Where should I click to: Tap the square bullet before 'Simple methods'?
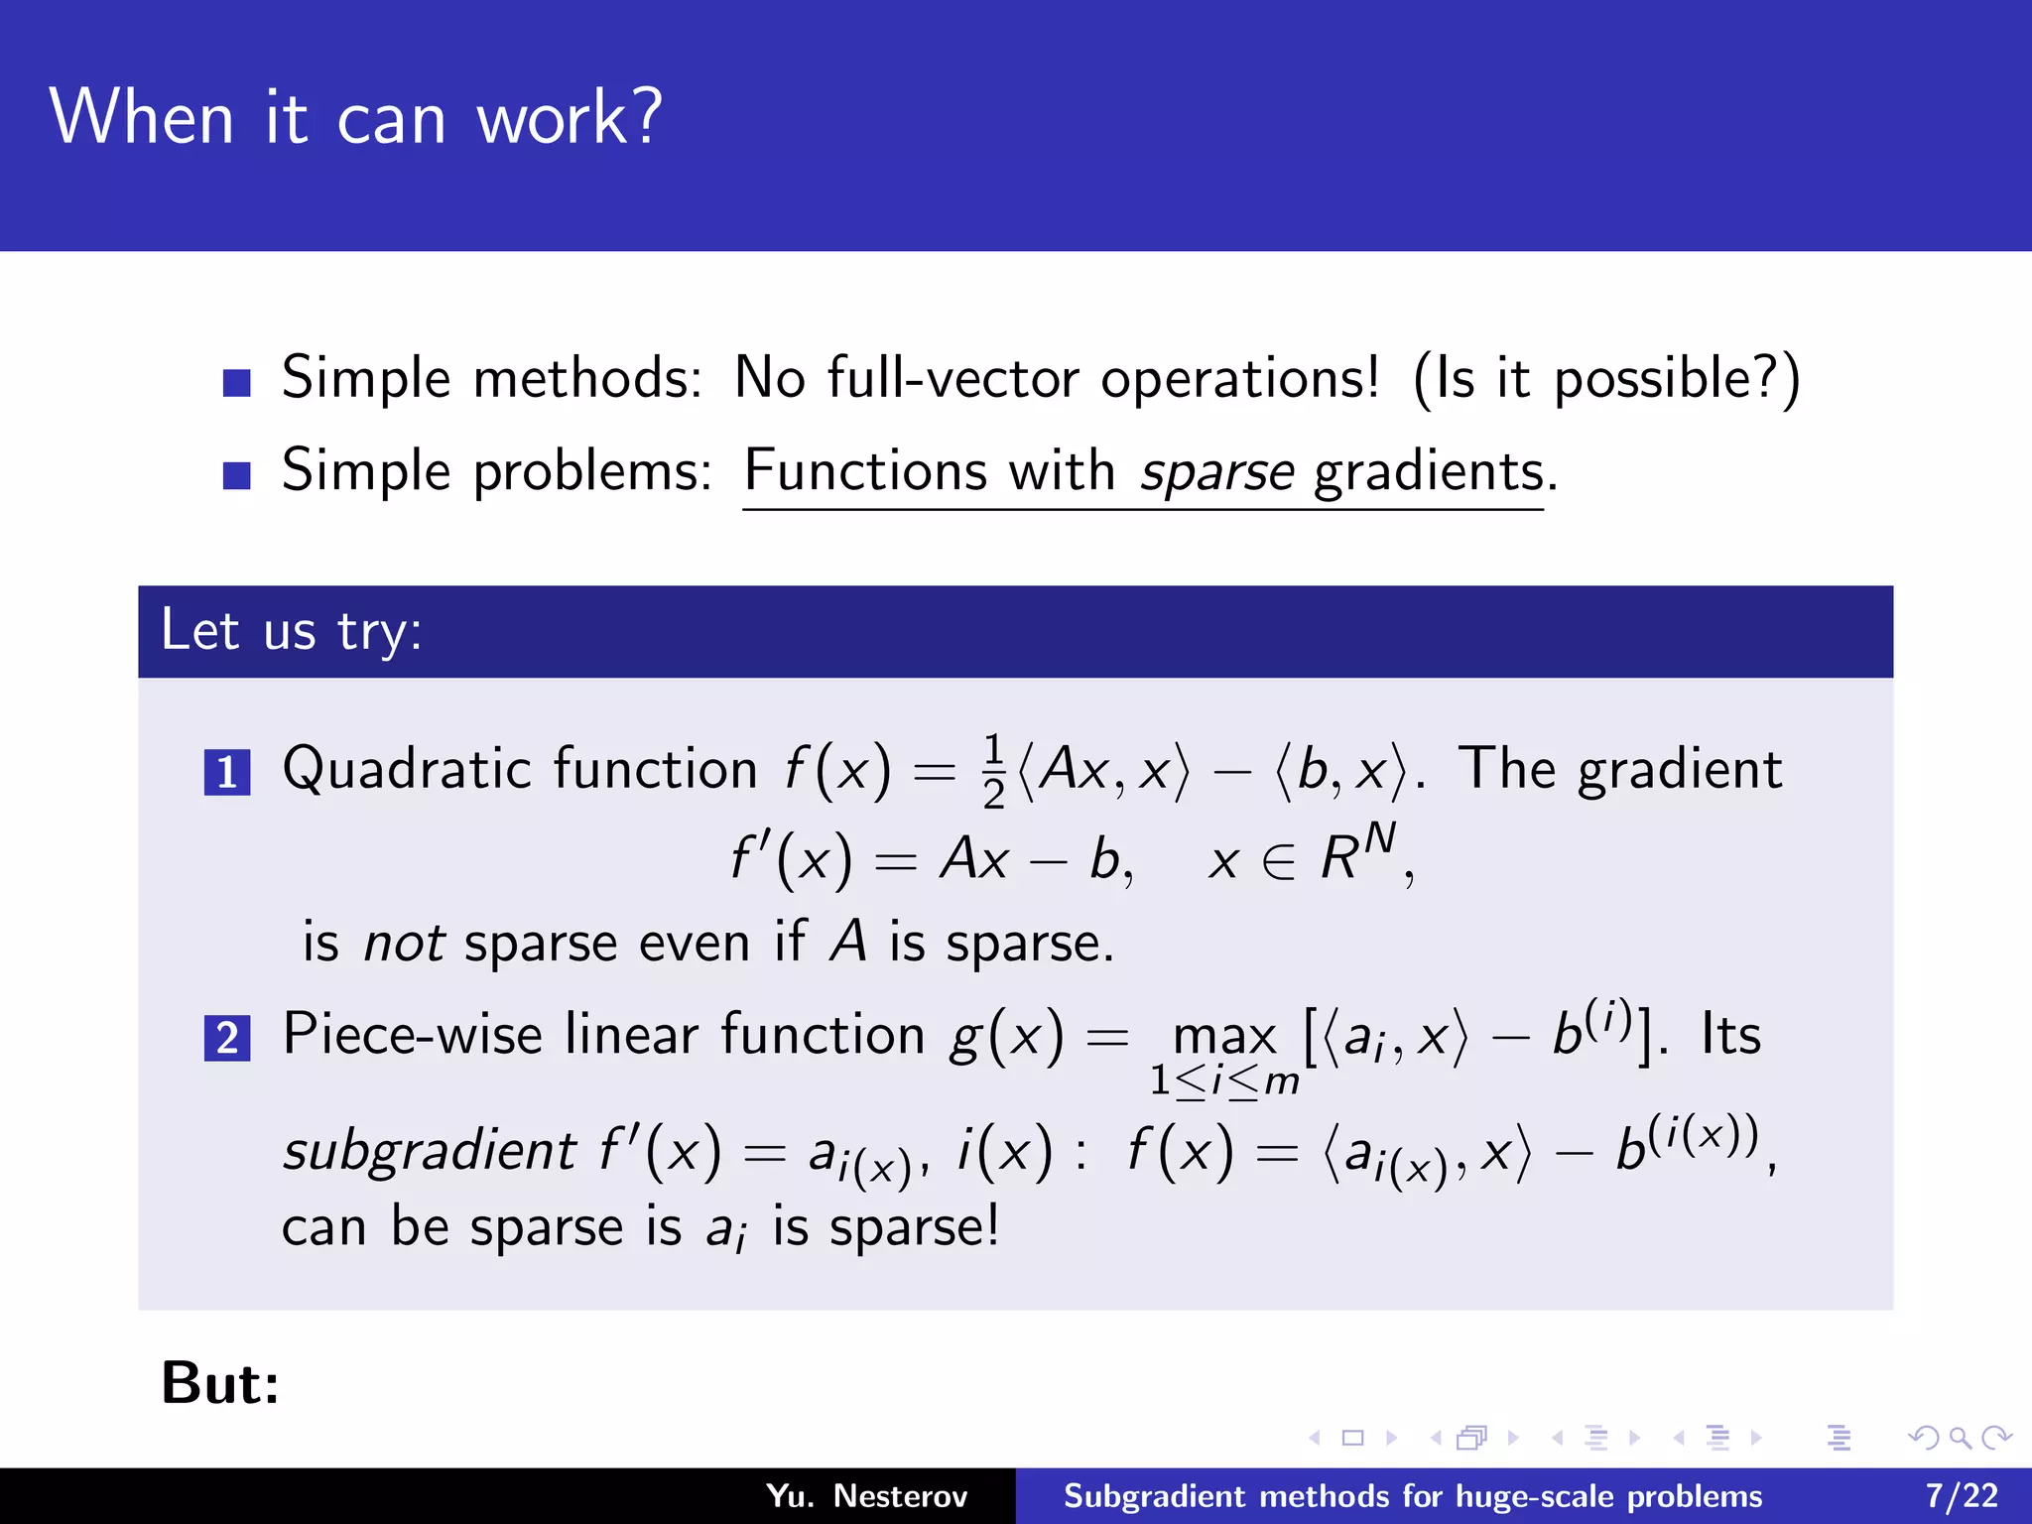point(236,382)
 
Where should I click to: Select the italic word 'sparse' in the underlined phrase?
point(1216,471)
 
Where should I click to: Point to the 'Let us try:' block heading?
point(292,631)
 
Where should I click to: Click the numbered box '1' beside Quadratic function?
point(226,773)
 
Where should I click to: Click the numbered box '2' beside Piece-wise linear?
point(226,1039)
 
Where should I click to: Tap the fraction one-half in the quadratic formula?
point(994,772)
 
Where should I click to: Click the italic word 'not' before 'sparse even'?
point(404,943)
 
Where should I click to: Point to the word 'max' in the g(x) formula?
point(1223,1038)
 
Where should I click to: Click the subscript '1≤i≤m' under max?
point(1223,1081)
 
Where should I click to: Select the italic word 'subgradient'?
point(429,1151)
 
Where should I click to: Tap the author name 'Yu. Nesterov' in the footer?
point(866,1496)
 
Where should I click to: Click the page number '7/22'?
point(1962,1496)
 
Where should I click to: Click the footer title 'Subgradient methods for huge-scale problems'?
point(1412,1496)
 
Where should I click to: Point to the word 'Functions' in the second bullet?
point(865,470)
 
